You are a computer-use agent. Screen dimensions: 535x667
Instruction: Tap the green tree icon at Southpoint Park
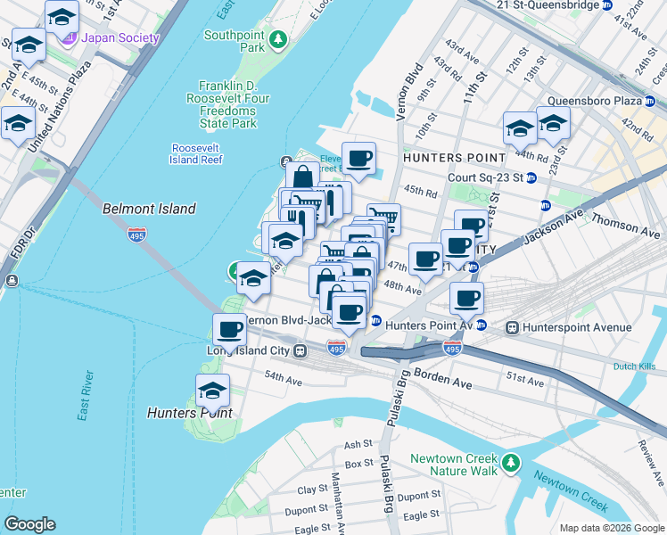(x=279, y=39)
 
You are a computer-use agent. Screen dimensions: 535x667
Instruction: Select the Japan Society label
(x=119, y=38)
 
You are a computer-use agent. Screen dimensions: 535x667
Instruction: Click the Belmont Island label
(x=149, y=209)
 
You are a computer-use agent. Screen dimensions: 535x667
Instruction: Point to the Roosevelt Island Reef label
(x=195, y=153)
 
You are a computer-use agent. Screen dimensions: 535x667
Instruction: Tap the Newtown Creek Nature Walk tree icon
(x=511, y=462)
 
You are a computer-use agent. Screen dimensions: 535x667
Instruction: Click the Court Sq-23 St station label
(x=485, y=177)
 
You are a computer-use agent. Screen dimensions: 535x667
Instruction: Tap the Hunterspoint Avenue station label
(x=574, y=327)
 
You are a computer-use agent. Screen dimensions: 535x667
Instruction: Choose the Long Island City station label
(x=257, y=350)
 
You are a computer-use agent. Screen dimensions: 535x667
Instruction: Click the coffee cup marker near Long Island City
(x=230, y=329)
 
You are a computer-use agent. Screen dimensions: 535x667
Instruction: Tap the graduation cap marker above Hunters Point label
(x=212, y=390)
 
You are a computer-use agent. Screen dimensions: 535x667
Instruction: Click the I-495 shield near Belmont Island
(x=136, y=235)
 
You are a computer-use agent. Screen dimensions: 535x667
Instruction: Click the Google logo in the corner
(x=30, y=524)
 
